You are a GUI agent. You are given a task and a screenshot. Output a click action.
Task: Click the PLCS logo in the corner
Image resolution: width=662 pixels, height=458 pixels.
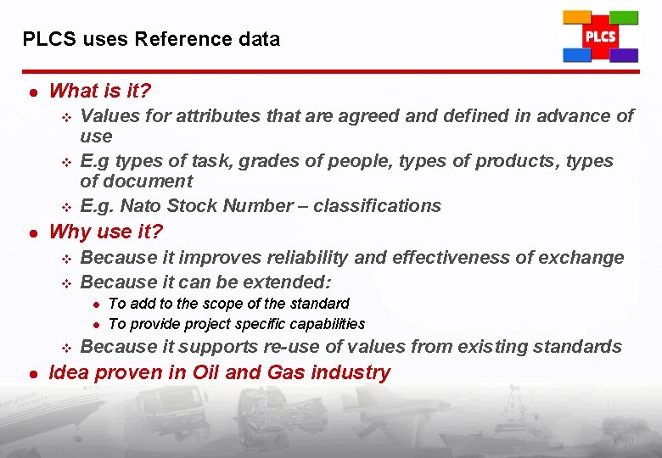click(600, 36)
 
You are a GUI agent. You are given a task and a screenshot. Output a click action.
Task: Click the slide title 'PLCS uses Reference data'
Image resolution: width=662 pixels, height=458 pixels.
click(151, 39)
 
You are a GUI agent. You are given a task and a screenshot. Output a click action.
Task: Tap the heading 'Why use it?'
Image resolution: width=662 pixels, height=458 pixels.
click(106, 232)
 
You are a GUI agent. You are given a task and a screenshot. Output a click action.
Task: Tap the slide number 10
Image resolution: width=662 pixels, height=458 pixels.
click(628, 441)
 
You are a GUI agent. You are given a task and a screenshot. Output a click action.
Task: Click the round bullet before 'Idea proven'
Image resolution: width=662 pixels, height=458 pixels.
click(31, 373)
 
